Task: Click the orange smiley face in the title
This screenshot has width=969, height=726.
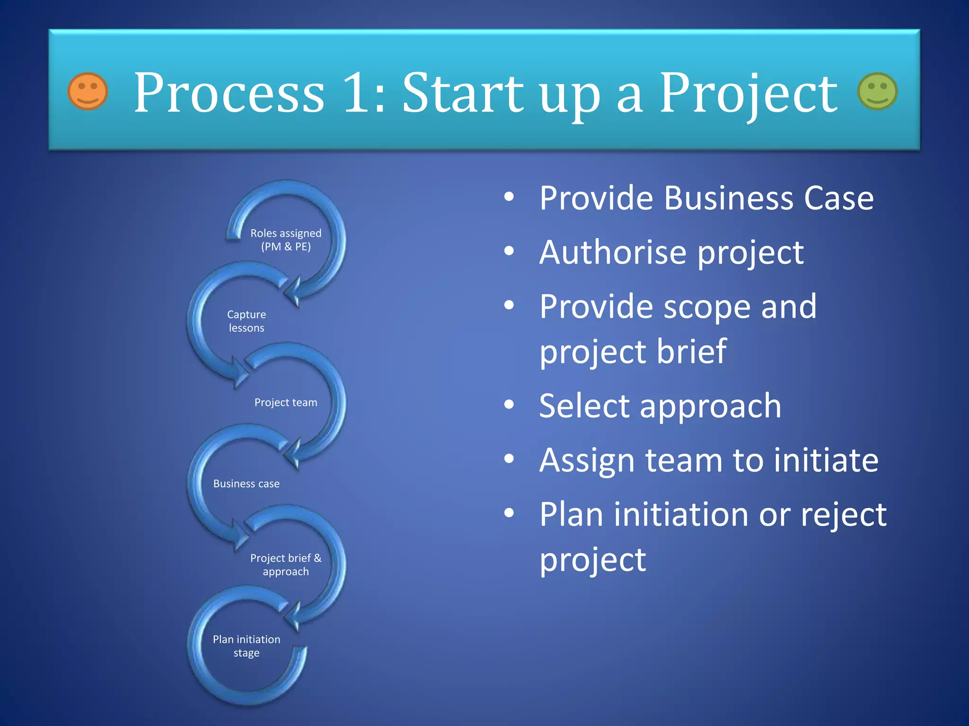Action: pyautogui.click(x=88, y=91)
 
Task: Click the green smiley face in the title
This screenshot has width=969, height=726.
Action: pyautogui.click(x=877, y=91)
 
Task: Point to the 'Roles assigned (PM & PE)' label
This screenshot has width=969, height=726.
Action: pyautogui.click(x=286, y=240)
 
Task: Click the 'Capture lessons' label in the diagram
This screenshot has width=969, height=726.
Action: pyautogui.click(x=247, y=321)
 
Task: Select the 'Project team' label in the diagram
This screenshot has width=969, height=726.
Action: pyautogui.click(x=286, y=402)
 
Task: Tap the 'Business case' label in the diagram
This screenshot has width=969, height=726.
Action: pyautogui.click(x=247, y=484)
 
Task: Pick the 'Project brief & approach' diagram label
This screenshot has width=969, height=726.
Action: pyautogui.click(x=286, y=564)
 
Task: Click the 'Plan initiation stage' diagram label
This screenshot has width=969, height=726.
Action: pyautogui.click(x=247, y=646)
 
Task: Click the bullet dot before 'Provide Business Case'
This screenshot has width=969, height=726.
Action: pyautogui.click(x=509, y=197)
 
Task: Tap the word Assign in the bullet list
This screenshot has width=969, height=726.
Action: pyautogui.click(x=587, y=460)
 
